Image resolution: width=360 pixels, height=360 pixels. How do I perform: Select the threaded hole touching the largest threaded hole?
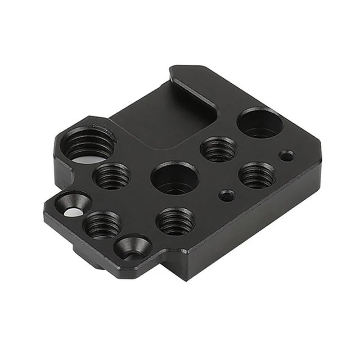111,175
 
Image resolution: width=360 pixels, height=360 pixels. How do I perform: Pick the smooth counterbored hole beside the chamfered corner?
260,123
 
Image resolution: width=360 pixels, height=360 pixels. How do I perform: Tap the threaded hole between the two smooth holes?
219,149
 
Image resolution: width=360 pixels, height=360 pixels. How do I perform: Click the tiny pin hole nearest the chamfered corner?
286,156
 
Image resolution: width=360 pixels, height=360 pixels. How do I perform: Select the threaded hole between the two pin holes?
256,175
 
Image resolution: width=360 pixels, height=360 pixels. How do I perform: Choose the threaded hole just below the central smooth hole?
175,220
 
